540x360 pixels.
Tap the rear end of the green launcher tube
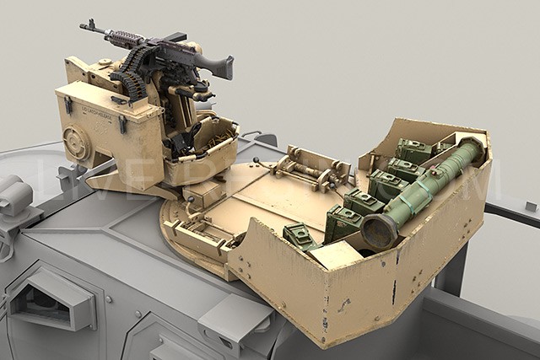click(472, 148)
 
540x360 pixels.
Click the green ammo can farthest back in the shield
click(414, 150)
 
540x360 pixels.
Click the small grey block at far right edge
click(530, 206)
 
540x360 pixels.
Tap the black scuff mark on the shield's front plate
click(392, 291)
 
